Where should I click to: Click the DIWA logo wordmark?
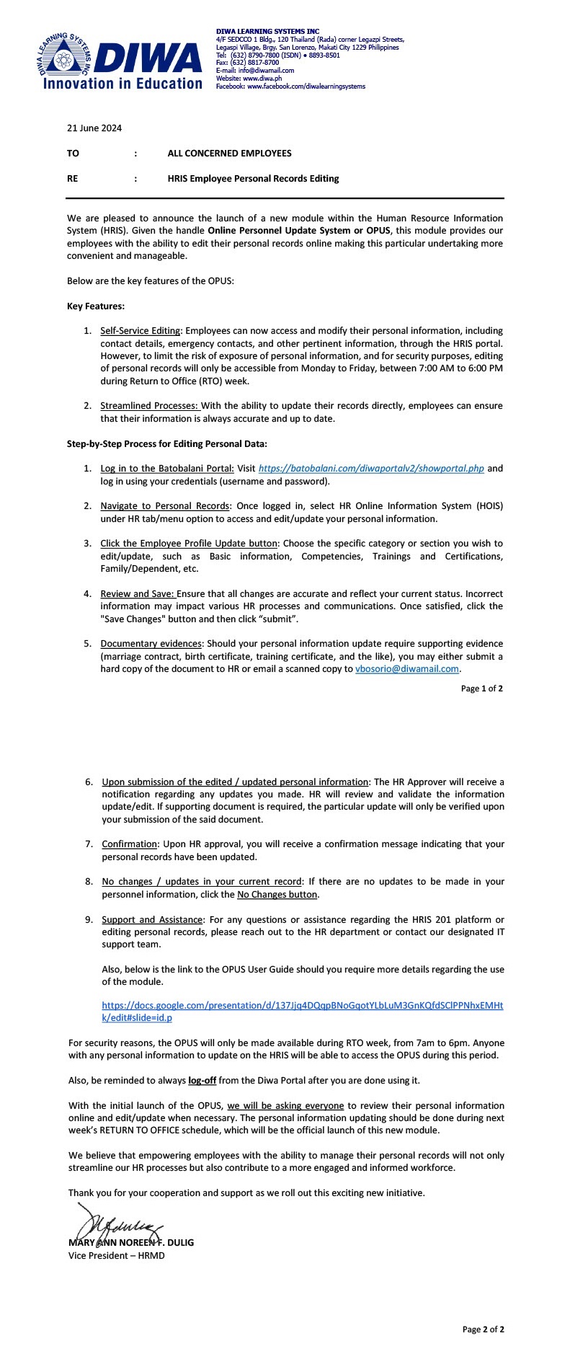(147, 58)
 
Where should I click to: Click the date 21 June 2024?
(94, 128)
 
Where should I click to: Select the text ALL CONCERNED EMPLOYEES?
(229, 154)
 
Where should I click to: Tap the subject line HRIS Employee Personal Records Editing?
(253, 179)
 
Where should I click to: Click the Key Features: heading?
(96, 306)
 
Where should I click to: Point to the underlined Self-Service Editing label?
(140, 331)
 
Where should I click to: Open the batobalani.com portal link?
(371, 469)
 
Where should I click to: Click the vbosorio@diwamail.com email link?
(407, 669)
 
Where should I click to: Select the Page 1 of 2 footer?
(481, 688)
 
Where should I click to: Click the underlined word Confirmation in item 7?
(130, 844)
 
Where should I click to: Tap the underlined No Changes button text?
(277, 895)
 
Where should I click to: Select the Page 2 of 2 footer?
(483, 1329)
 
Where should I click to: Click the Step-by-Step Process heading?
(167, 444)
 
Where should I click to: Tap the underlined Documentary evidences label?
(151, 644)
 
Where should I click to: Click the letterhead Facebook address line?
(290, 87)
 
